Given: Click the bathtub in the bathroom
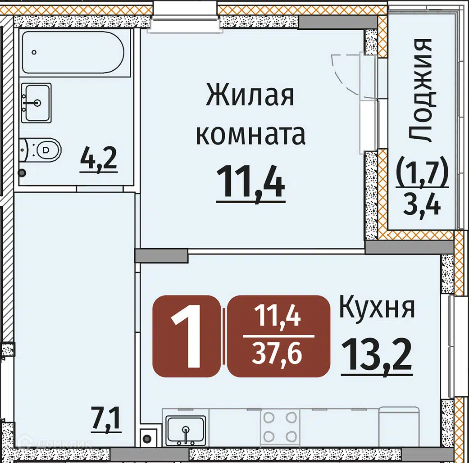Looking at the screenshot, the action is point(73,53).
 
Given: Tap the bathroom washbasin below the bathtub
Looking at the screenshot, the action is point(36,103).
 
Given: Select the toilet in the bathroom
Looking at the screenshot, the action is point(41,150).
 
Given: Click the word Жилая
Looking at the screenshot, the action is point(250,95).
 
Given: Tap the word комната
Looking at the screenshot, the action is point(250,135).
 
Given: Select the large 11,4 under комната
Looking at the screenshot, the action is point(250,183).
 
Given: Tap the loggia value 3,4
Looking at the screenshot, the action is point(422,206).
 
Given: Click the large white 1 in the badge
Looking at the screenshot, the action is point(187,337).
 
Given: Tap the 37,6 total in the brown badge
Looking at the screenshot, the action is point(277,354).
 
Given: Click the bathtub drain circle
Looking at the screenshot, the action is point(34,52).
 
